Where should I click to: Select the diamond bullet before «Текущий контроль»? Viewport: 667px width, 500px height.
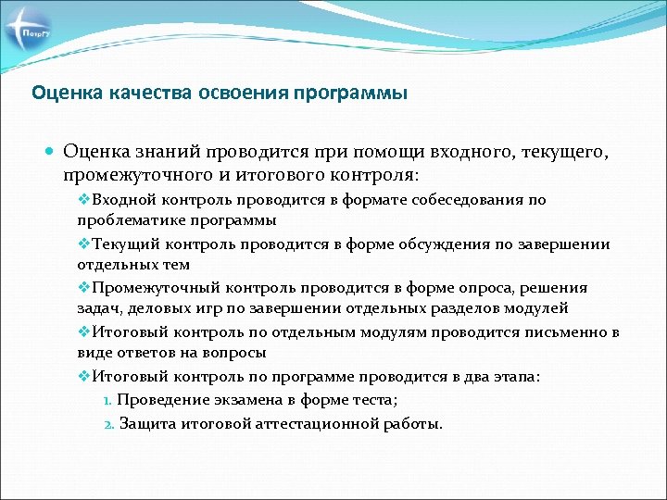[x=83, y=244]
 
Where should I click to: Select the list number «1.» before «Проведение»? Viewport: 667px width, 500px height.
[x=107, y=399]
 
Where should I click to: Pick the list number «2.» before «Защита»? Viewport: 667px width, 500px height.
[x=107, y=424]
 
